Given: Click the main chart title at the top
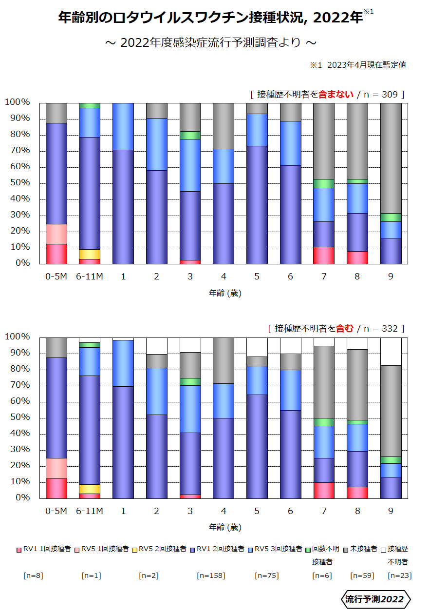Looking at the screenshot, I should [210, 18].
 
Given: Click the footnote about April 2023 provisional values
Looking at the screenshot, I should [358, 65].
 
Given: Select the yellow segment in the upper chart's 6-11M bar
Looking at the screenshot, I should [90, 254].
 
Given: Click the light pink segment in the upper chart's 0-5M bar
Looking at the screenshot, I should [56, 234].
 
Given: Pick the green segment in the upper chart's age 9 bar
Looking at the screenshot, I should [391, 218].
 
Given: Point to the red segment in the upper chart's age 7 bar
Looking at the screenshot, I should [324, 256].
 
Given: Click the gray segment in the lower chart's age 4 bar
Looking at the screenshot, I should [224, 360].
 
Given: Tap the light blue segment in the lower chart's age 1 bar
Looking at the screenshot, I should [123, 363].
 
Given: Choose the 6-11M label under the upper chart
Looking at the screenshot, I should [90, 277].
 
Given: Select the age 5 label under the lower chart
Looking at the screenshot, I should [257, 511].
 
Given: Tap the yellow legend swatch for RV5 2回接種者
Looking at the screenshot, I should [135, 549].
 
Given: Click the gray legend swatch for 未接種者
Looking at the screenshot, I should [347, 549].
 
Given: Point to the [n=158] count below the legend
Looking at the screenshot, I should [211, 575].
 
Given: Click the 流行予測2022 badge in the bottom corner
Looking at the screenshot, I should [374, 599].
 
